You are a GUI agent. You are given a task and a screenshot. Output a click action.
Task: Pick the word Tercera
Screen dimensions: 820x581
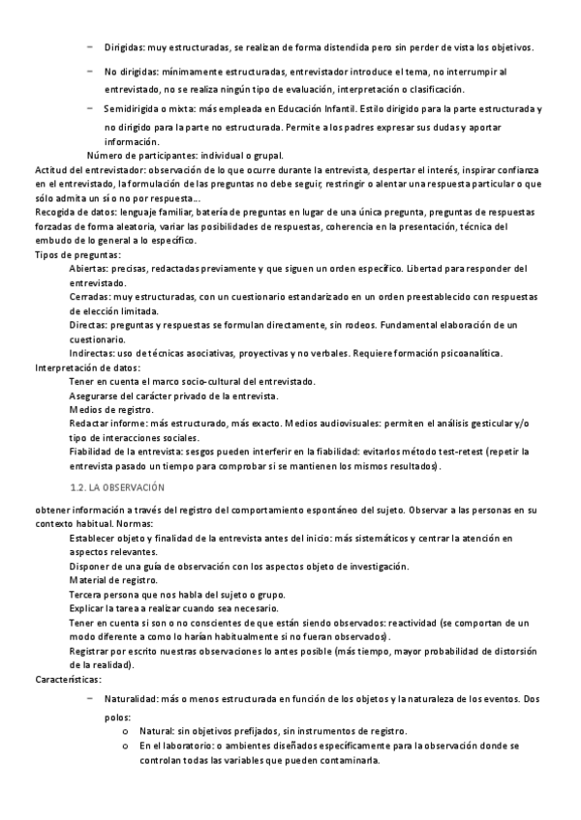[x=88, y=594]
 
